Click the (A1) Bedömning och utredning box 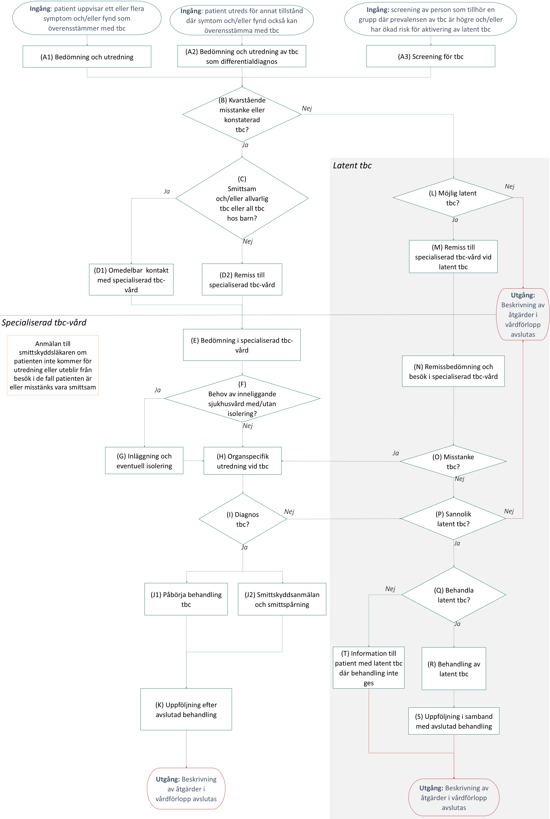click(87, 56)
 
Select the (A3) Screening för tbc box click(431, 56)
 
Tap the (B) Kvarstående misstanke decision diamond click(242, 114)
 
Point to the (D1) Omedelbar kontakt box click(131, 279)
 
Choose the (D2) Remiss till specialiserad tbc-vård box click(242, 279)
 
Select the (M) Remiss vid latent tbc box click(453, 257)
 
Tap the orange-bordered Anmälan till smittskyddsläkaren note click(53, 365)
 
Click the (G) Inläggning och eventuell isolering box click(144, 461)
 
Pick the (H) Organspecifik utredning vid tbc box click(243, 461)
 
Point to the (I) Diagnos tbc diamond click(243, 519)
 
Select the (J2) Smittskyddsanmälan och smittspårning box click(282, 599)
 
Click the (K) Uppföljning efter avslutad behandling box click(186, 709)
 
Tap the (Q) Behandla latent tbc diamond click(454, 595)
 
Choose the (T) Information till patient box click(369, 668)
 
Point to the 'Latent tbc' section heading click(352, 165)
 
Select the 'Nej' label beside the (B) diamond click(307, 108)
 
